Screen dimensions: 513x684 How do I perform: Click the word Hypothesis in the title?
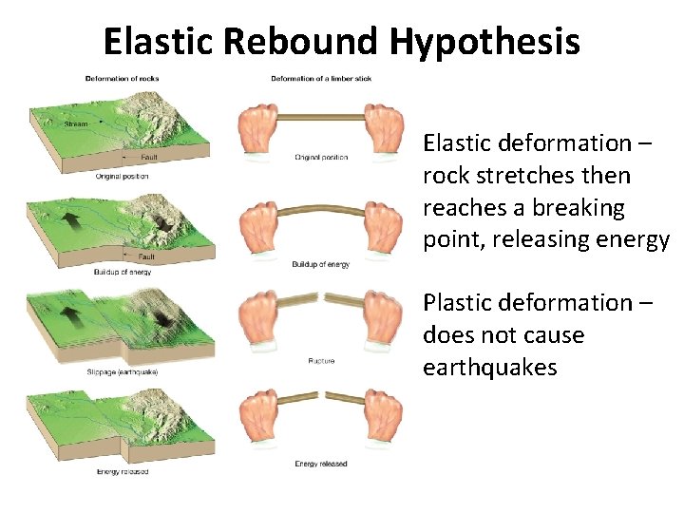(x=484, y=41)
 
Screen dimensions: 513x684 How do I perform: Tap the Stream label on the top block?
(x=75, y=124)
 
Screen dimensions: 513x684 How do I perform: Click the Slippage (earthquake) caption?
(x=126, y=371)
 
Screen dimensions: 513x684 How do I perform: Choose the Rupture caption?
(x=321, y=361)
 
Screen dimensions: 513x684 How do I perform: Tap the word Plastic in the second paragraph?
(x=461, y=303)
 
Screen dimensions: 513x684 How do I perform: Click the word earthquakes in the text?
(x=490, y=368)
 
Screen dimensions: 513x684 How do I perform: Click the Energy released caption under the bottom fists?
(x=321, y=464)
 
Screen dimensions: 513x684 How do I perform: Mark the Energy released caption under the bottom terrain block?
(x=122, y=471)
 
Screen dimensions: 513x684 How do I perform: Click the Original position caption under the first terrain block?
(x=122, y=176)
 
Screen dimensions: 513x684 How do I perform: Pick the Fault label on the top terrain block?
(x=149, y=157)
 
